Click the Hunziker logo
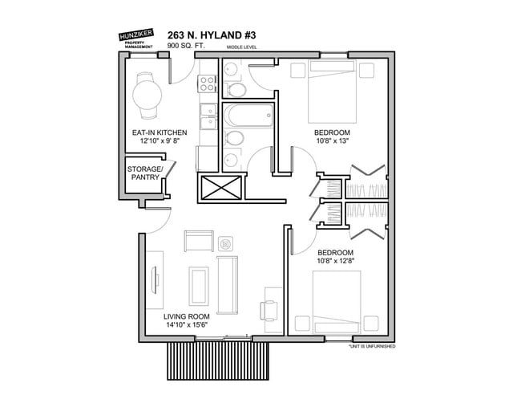click(136, 39)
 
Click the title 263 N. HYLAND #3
click(212, 35)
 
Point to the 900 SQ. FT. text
click(186, 46)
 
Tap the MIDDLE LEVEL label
click(241, 47)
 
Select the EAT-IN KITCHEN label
click(160, 132)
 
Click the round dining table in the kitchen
click(147, 95)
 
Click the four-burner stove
click(207, 83)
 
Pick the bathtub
click(248, 115)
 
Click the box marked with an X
click(221, 188)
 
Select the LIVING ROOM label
click(187, 316)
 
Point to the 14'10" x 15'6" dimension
click(187, 325)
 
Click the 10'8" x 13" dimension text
click(332, 140)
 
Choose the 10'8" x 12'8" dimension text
click(336, 261)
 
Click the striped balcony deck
click(218, 361)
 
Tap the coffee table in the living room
click(199, 286)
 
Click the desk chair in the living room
click(269, 311)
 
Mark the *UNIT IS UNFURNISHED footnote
click(372, 347)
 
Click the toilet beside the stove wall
click(236, 90)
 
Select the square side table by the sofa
click(225, 244)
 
